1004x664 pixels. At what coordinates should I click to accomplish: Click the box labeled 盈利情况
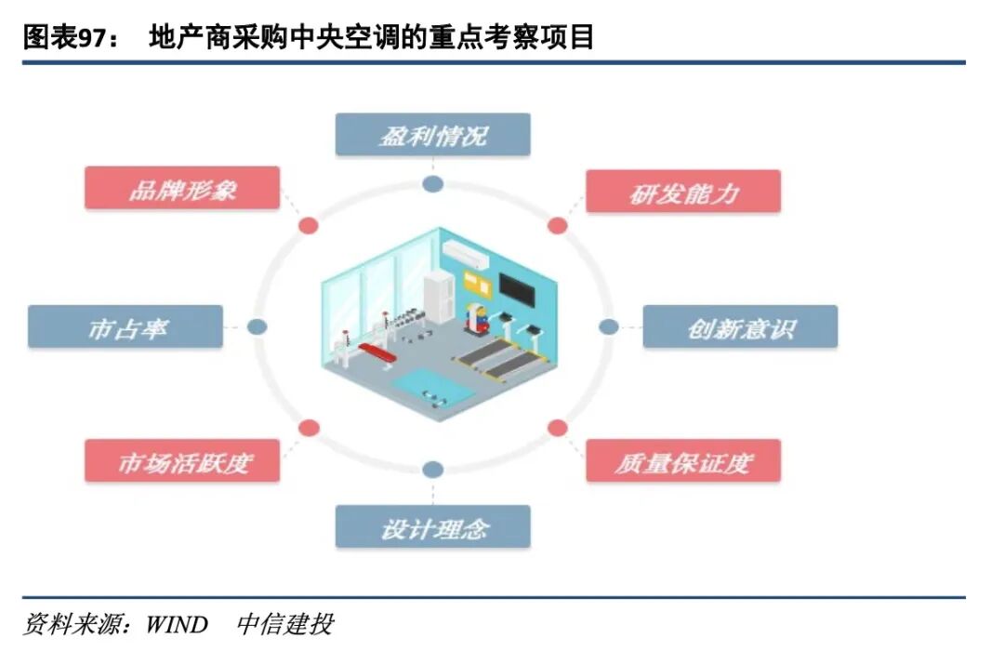click(x=432, y=135)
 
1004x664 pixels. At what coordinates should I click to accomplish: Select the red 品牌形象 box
click(x=182, y=188)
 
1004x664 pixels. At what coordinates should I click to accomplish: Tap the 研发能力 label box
click(x=683, y=192)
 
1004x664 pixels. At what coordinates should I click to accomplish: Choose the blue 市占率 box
click(x=125, y=326)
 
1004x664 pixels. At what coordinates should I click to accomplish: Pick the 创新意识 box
click(x=740, y=326)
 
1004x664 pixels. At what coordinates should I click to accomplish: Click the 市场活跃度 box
click(x=182, y=461)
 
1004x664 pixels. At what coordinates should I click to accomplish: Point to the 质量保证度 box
click(x=683, y=461)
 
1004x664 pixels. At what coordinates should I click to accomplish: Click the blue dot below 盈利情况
click(x=432, y=184)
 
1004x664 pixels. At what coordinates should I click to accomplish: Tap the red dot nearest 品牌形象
click(x=309, y=225)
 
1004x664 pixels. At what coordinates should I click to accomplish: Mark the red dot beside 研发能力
click(x=558, y=225)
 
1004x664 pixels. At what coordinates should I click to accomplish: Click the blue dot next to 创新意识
click(x=608, y=326)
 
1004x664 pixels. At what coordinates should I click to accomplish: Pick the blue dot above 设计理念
click(x=432, y=470)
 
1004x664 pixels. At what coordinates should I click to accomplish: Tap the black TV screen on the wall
click(x=518, y=290)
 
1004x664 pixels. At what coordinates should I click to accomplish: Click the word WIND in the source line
click(x=176, y=624)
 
